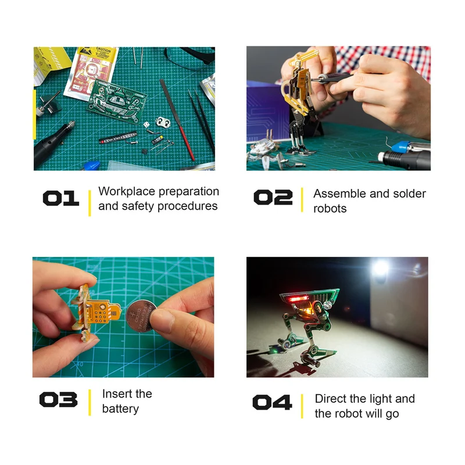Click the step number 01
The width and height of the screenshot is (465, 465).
[x=61, y=198]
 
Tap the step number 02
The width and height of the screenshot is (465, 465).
[x=273, y=197]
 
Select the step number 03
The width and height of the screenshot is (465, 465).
[x=59, y=399]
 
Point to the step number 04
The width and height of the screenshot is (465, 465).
[x=272, y=402]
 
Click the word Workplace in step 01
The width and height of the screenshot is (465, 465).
[x=127, y=192]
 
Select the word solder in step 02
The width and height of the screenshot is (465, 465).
[x=409, y=194]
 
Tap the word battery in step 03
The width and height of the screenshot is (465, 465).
[x=120, y=409]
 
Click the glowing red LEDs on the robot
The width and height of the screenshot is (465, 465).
[x=298, y=298]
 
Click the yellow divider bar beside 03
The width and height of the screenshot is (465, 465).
[x=90, y=402]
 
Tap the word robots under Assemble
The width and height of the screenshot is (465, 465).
[x=330, y=209]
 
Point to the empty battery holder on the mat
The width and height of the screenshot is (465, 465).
[x=163, y=122]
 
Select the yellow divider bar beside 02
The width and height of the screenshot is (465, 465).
[x=302, y=200]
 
